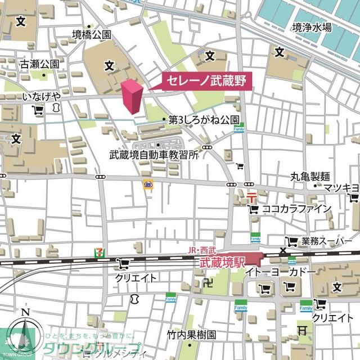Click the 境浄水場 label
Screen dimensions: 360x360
(312, 28)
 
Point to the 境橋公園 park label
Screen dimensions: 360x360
(92, 35)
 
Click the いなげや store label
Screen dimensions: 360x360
(42, 97)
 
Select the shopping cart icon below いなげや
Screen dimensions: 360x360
(39, 111)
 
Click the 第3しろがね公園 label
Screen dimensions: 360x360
(204, 120)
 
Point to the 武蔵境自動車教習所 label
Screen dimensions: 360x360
(154, 154)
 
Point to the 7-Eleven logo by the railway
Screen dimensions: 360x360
(99, 254)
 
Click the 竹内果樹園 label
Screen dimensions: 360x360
(191, 335)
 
